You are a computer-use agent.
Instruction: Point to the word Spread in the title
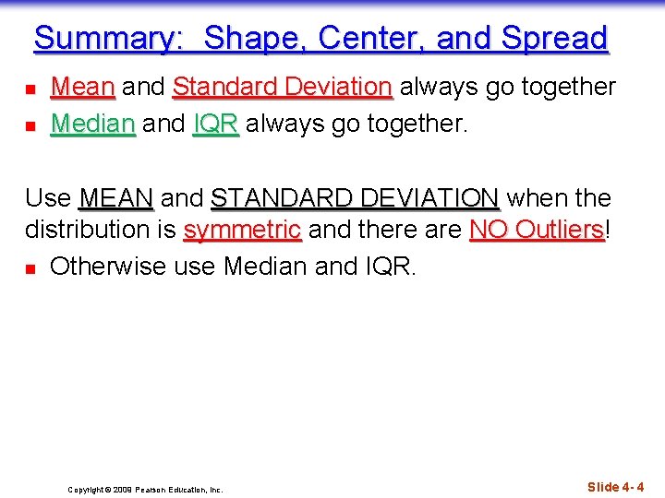(554, 39)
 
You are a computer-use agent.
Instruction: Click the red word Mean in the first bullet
(82, 88)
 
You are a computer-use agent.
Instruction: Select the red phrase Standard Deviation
(283, 88)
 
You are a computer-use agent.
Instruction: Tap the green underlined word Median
(92, 123)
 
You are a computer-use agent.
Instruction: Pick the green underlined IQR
(216, 123)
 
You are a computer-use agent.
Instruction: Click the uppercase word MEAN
(116, 198)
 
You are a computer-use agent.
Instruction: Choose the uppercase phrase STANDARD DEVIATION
(355, 198)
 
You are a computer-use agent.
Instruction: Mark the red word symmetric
(242, 230)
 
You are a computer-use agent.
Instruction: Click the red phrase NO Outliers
(537, 230)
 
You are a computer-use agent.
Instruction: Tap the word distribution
(89, 230)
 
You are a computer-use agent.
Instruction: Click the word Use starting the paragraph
(48, 198)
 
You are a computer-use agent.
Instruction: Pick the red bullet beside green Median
(30, 125)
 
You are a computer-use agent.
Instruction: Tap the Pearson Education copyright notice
(145, 490)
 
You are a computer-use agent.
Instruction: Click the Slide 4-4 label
(616, 487)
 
